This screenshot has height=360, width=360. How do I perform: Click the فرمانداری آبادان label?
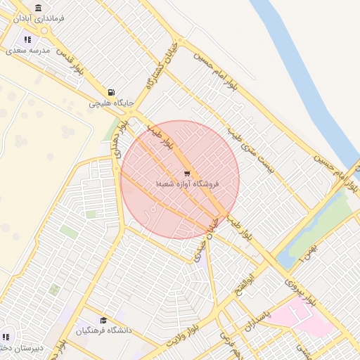click(x=39, y=18)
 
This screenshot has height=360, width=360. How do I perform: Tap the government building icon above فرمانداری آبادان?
click(x=38, y=8)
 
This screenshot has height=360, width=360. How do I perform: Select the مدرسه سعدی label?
click(x=28, y=51)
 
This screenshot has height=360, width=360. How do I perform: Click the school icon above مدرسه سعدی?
click(x=27, y=40)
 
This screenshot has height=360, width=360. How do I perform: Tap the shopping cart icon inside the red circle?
click(x=186, y=172)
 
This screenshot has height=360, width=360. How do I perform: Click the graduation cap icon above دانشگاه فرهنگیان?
click(x=103, y=320)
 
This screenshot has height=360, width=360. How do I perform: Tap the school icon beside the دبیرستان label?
click(x=6, y=337)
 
